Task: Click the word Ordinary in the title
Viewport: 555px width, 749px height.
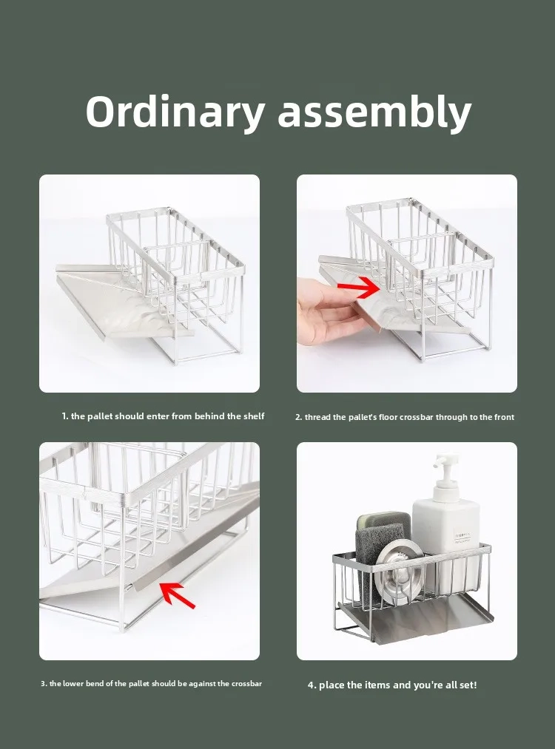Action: point(175,112)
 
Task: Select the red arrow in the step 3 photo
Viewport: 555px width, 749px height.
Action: point(178,595)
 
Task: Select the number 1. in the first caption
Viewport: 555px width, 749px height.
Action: point(65,416)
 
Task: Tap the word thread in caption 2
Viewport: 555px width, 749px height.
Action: point(317,417)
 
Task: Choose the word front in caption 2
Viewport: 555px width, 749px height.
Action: point(504,417)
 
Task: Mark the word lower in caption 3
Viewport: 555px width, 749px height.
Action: point(73,683)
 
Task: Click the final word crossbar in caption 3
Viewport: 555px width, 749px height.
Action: point(246,683)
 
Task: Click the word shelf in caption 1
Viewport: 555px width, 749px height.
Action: point(253,416)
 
